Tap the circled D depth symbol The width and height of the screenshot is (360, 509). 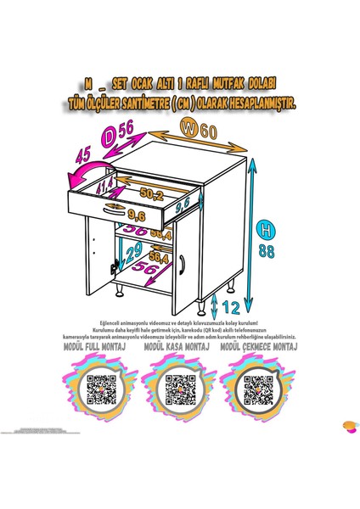(110, 133)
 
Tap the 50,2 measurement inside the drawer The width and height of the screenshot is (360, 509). (153, 194)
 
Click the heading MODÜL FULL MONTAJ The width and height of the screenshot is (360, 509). (102, 347)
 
